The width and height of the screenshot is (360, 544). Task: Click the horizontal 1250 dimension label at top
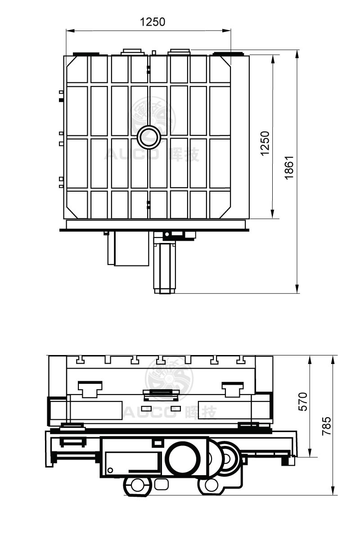coord(153,22)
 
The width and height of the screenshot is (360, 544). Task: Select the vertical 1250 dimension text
coord(265,143)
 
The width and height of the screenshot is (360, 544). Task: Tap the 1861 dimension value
coord(289,167)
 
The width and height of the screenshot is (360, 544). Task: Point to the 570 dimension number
coord(303,401)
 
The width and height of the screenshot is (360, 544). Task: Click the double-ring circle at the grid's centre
coord(148,137)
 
